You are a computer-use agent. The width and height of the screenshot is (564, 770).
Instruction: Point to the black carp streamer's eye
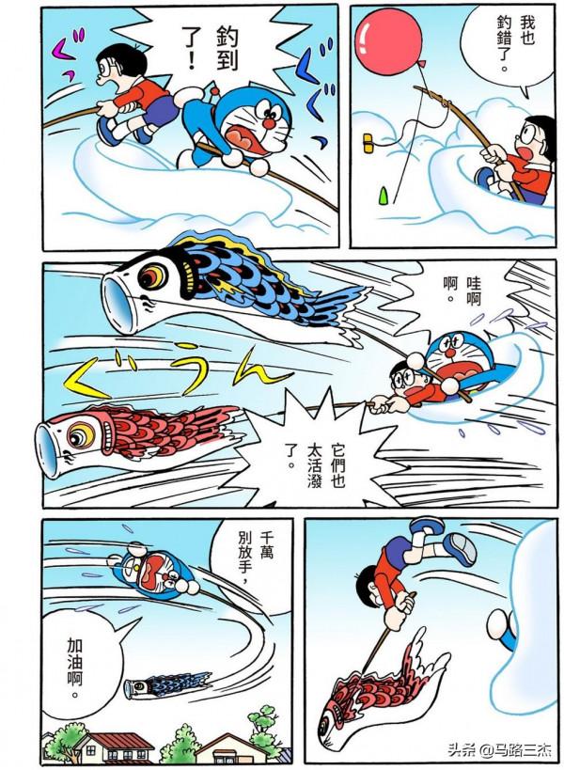click(x=151, y=275)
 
